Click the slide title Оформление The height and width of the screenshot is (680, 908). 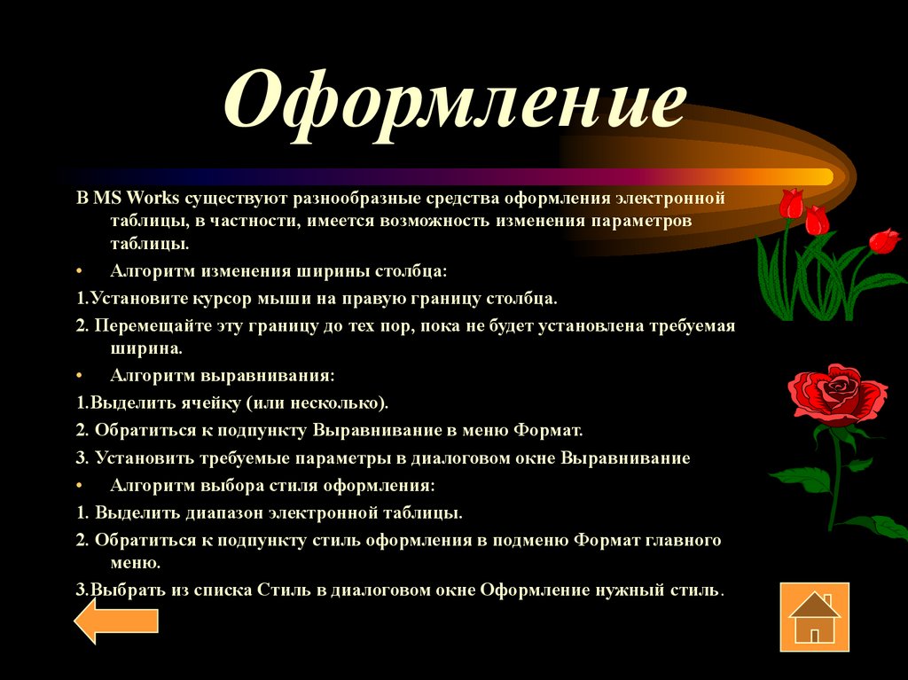pyautogui.click(x=454, y=108)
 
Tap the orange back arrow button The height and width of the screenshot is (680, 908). pyautogui.click(x=115, y=621)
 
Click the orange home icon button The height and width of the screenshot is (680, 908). pyautogui.click(x=814, y=616)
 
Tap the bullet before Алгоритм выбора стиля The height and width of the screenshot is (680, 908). pyautogui.click(x=79, y=487)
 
